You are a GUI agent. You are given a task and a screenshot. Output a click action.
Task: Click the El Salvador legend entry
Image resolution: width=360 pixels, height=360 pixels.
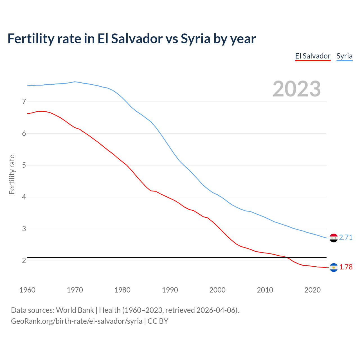click(x=313, y=56)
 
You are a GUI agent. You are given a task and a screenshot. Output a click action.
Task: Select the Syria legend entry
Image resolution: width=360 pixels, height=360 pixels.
click(x=344, y=56)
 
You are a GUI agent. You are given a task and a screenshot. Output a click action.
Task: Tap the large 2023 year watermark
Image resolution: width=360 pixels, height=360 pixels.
click(x=297, y=89)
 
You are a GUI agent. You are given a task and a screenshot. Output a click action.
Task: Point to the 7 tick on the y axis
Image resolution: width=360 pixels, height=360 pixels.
click(x=24, y=102)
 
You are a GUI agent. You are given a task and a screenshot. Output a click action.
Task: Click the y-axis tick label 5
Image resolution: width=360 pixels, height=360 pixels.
click(x=24, y=165)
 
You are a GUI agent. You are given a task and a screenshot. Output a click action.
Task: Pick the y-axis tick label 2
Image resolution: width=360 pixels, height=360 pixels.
click(x=24, y=261)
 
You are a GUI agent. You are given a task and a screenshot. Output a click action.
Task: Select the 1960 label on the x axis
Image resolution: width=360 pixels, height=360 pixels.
click(x=27, y=290)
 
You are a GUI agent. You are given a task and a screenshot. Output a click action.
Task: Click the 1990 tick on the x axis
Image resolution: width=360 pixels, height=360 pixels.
click(x=170, y=290)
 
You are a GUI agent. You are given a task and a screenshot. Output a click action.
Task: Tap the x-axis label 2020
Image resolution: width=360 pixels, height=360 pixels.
click(x=312, y=290)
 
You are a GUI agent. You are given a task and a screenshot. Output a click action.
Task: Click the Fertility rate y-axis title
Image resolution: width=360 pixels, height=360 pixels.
click(x=12, y=174)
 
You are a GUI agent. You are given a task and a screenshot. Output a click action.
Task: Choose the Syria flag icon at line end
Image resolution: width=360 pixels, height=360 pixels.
click(x=334, y=238)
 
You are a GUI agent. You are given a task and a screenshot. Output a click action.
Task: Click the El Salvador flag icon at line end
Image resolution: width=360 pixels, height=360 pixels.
click(x=334, y=267)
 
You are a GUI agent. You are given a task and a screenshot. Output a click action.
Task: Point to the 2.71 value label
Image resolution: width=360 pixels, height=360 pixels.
click(x=346, y=238)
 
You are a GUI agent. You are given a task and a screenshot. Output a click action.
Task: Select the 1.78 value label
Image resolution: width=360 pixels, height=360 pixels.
click(x=346, y=267)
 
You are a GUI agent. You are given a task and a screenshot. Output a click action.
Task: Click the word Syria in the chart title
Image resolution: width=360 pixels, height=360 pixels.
click(x=195, y=39)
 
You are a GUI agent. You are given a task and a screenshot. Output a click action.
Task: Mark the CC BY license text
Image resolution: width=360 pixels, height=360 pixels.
click(x=158, y=321)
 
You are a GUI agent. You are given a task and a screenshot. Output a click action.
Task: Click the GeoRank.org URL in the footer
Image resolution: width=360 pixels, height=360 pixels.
click(x=76, y=321)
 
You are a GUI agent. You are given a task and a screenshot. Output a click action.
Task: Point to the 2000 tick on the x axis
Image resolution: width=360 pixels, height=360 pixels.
click(x=217, y=290)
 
